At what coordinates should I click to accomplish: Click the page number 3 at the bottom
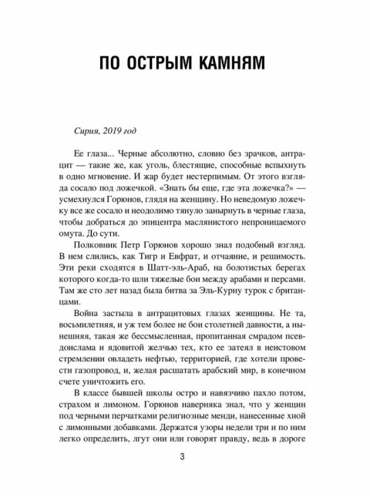(x=183, y=459)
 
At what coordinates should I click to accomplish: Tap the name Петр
(x=163, y=241)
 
